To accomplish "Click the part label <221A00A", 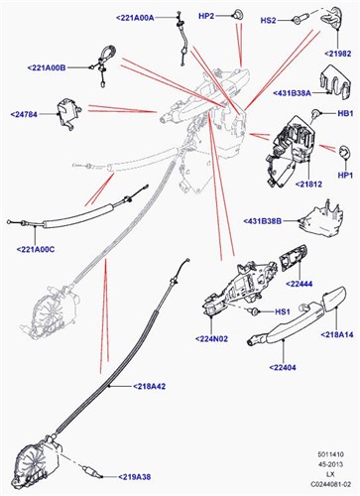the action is tap(135, 18).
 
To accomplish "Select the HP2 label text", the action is tap(206, 16).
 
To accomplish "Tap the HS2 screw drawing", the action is tap(300, 18).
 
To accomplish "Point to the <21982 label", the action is tap(337, 54).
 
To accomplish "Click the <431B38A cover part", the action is tap(334, 81).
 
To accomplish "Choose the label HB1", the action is tap(345, 113).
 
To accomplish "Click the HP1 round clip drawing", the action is tap(343, 153).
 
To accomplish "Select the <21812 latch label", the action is tap(308, 185).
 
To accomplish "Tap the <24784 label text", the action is tap(24, 114).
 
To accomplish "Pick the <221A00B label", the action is tap(47, 67).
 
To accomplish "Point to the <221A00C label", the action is tap(36, 249).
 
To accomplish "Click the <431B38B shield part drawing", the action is tap(321, 219).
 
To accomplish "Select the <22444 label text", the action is tap(299, 284).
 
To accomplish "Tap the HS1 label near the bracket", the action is tap(283, 311).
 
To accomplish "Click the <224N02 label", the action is tap(211, 339).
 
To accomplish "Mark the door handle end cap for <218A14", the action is tap(333, 299).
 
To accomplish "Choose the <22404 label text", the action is tap(283, 367).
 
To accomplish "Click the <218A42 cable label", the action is tap(149, 386).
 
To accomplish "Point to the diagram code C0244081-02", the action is tap(330, 484).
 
